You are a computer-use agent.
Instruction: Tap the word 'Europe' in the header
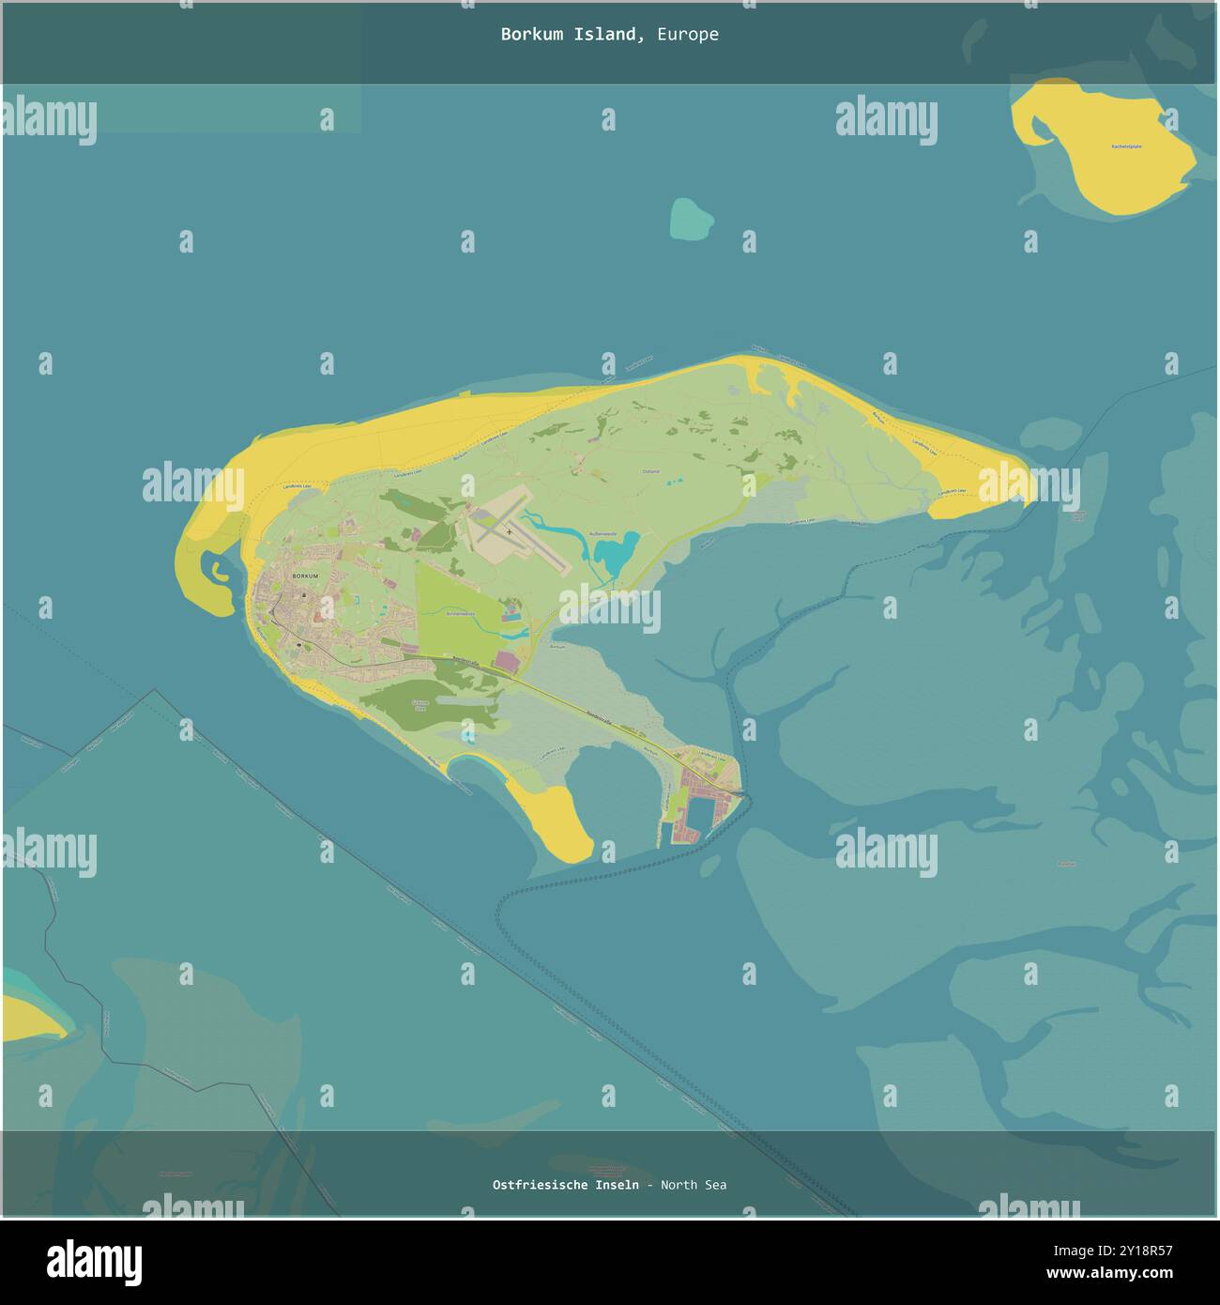coord(688,35)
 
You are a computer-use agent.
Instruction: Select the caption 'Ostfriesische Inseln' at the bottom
coord(566,1185)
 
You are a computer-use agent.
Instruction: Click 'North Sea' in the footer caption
coord(694,1185)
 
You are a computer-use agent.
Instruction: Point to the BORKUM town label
coord(306,576)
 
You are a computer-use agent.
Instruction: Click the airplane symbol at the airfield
coord(510,531)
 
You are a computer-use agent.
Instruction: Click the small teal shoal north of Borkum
coord(691,218)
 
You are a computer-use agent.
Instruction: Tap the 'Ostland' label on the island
coord(650,471)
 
